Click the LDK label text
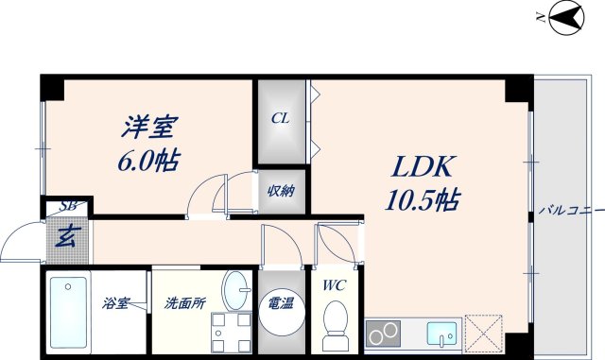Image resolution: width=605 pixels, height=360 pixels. [x=423, y=168]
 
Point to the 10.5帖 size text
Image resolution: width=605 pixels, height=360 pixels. [x=423, y=200]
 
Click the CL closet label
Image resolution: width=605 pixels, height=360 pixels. [x=281, y=119]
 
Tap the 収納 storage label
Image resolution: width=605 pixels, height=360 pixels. [x=281, y=191]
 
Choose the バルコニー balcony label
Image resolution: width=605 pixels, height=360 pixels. [x=570, y=210]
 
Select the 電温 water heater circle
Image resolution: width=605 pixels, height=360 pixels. [x=281, y=313]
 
